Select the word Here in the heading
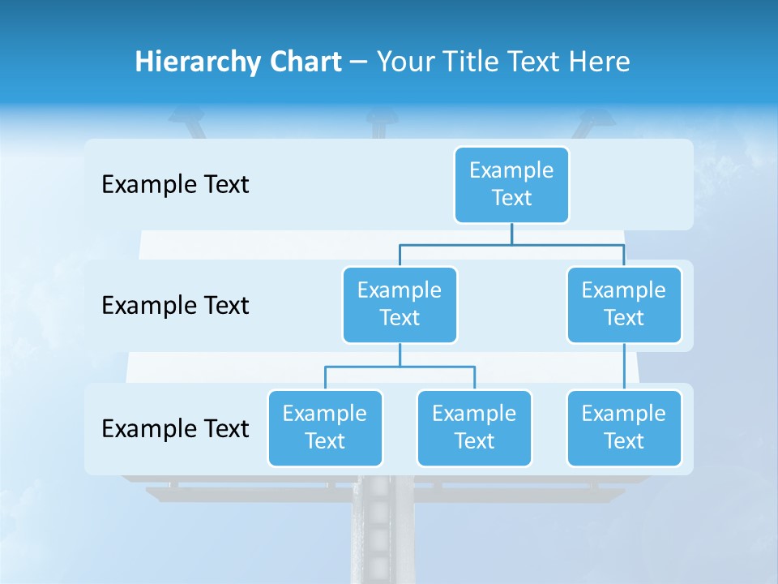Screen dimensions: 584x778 (600, 62)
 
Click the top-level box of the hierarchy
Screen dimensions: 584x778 (511, 184)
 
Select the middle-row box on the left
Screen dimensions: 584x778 (400, 304)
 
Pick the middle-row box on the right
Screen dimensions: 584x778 (624, 304)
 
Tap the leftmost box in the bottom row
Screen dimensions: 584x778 (325, 427)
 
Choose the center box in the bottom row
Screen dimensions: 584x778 (474, 427)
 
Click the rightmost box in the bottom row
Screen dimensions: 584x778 (624, 427)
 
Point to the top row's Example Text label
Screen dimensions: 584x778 (175, 185)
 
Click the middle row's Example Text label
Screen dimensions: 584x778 (175, 306)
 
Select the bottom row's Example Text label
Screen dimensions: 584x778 (175, 428)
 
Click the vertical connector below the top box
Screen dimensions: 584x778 (511, 234)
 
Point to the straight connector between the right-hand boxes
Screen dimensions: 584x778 (624, 367)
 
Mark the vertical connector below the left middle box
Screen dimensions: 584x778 (400, 354)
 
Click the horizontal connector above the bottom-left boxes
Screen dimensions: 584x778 (400, 367)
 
